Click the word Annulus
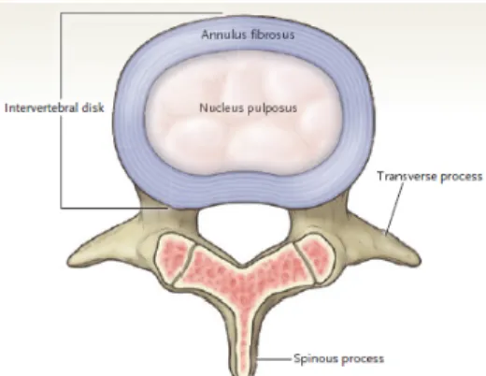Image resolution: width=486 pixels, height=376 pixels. pyautogui.click(x=220, y=34)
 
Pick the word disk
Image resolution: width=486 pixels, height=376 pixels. pyautogui.click(x=93, y=108)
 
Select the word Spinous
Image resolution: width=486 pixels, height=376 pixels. pyautogui.click(x=316, y=358)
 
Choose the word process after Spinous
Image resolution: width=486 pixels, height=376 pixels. pyautogui.click(x=363, y=359)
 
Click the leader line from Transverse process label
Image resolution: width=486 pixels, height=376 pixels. pyautogui.click(x=394, y=209)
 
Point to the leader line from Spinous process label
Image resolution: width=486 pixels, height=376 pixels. pyautogui.click(x=274, y=359)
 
